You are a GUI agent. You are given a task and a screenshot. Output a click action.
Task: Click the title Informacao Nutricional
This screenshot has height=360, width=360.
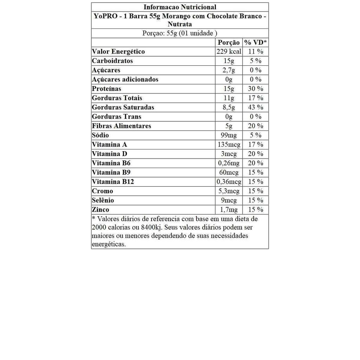(x=180, y=7)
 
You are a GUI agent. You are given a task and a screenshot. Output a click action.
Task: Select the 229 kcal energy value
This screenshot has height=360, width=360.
(x=229, y=51)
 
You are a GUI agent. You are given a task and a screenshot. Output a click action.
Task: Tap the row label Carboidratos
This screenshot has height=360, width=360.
(x=112, y=61)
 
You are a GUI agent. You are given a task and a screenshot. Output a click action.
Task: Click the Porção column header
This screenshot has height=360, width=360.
(x=229, y=43)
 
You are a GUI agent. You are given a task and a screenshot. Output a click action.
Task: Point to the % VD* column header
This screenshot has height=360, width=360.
(x=256, y=43)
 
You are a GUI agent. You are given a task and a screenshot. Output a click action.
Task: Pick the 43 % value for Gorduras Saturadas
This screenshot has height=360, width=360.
(x=256, y=107)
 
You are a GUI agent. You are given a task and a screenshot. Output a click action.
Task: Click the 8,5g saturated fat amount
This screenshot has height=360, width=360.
(x=229, y=107)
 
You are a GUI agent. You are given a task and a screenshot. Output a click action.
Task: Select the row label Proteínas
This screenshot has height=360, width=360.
(x=107, y=89)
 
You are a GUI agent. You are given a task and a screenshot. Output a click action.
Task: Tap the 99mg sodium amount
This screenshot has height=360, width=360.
(x=229, y=135)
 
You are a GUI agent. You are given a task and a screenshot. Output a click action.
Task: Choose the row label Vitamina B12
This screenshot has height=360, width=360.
(x=113, y=182)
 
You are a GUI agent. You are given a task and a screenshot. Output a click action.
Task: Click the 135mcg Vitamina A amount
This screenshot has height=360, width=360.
(x=229, y=144)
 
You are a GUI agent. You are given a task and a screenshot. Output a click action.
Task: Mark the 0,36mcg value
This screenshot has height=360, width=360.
(x=229, y=182)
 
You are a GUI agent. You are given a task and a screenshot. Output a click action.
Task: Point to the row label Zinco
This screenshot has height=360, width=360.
(x=101, y=210)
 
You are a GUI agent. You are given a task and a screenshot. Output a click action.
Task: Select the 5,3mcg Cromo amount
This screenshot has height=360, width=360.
(x=229, y=191)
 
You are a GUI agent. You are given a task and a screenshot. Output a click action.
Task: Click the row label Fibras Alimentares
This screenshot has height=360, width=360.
(x=122, y=126)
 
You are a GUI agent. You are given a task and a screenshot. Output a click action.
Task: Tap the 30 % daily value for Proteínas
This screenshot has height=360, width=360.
(x=256, y=89)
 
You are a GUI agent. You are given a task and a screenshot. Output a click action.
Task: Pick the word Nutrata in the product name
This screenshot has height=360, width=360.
(x=180, y=24)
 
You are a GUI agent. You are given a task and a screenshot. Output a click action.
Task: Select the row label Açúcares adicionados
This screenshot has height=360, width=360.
(x=125, y=79)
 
